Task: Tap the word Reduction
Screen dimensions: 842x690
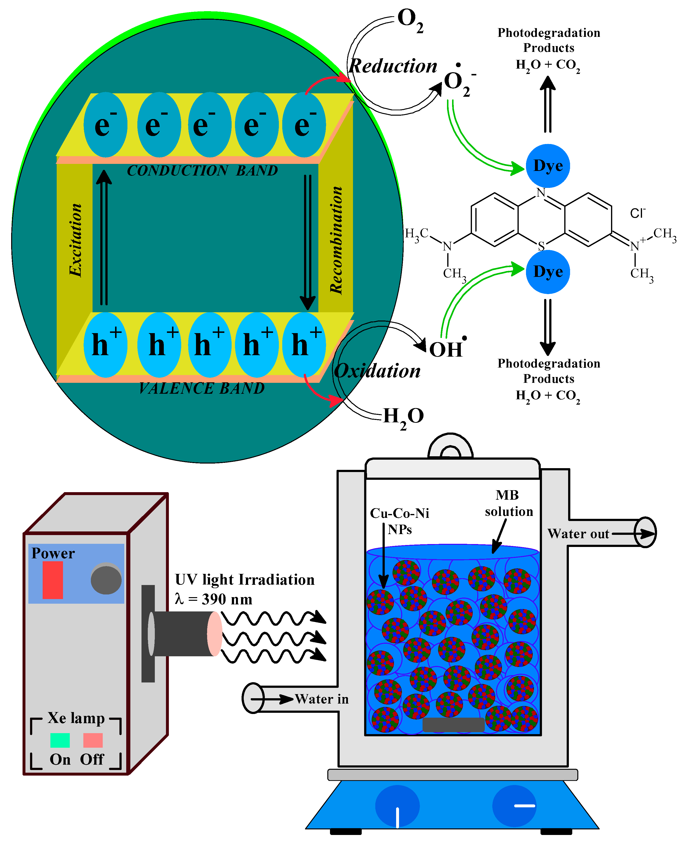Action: coord(393,66)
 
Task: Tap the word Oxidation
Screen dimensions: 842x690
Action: coord(378,371)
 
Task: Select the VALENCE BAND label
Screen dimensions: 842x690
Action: coord(202,388)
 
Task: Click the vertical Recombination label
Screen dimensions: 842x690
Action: coord(336,240)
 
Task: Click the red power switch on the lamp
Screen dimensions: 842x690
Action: coord(53,580)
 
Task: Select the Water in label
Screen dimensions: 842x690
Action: coord(321,699)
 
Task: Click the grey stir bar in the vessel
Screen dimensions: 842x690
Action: coord(453,725)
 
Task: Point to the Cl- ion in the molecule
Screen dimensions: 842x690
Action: coord(637,213)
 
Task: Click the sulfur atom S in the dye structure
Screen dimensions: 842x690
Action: coord(541,246)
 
